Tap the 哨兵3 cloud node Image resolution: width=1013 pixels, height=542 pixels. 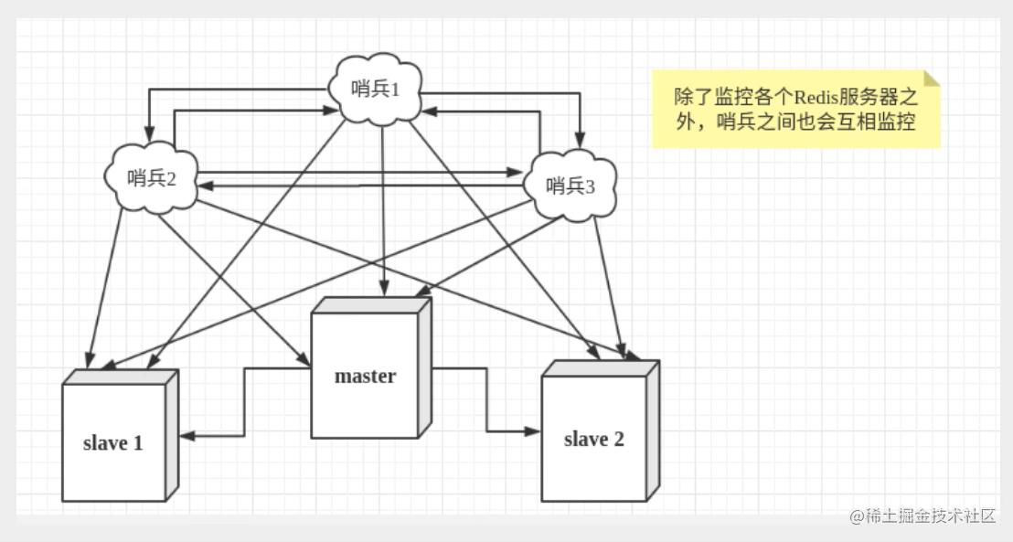click(569, 186)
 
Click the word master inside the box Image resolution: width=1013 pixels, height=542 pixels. click(365, 376)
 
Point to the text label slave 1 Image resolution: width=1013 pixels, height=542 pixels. click(113, 444)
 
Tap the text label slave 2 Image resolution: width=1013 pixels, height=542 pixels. click(594, 440)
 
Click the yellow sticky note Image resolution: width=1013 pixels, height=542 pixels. click(795, 110)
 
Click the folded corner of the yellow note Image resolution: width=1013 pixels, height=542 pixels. click(932, 79)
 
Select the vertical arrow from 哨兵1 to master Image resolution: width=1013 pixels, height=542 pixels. click(381, 210)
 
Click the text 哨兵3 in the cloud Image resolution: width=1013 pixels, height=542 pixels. click(570, 186)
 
